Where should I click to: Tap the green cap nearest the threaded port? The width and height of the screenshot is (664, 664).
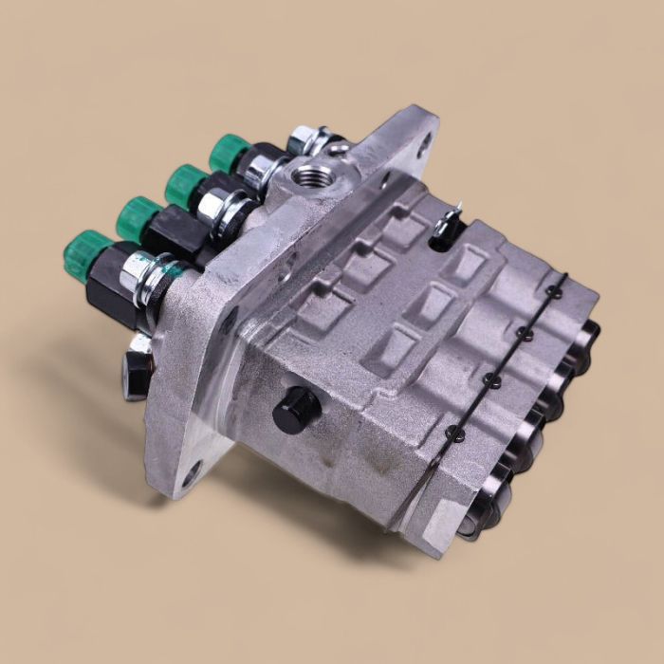click(228, 152)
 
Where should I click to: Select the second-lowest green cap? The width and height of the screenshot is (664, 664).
click(138, 217)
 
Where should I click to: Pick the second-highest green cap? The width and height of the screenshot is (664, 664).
click(186, 182)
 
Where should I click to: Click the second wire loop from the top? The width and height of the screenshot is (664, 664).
click(523, 333)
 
